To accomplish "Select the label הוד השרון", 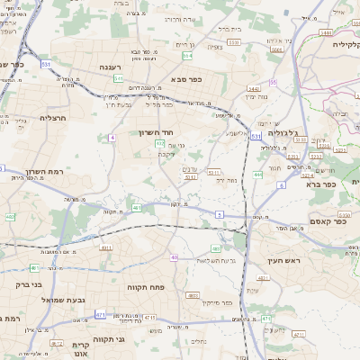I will (159, 131).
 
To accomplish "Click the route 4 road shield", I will (112, 137).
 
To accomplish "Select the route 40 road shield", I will (173, 257).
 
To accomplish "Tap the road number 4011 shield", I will (106, 247).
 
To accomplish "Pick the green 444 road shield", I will (257, 174).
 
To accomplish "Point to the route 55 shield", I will (273, 82).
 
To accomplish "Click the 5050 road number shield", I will (343, 216).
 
